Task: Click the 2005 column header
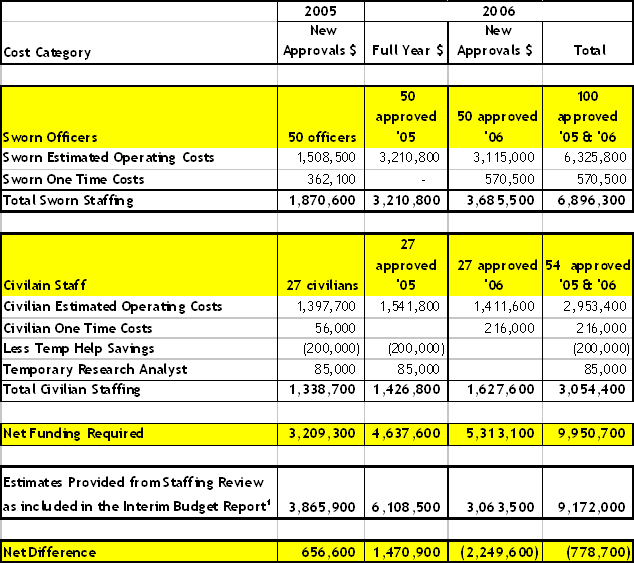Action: (x=320, y=11)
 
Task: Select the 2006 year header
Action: (x=498, y=11)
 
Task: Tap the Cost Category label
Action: (x=47, y=52)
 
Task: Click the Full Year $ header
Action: (x=407, y=51)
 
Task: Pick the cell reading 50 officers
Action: (x=322, y=137)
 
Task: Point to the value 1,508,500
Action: (x=327, y=158)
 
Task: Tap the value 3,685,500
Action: (x=502, y=201)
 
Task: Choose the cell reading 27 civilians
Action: (x=323, y=286)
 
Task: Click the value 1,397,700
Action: (x=327, y=307)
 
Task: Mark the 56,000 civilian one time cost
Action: (x=337, y=328)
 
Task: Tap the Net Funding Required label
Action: (x=73, y=433)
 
